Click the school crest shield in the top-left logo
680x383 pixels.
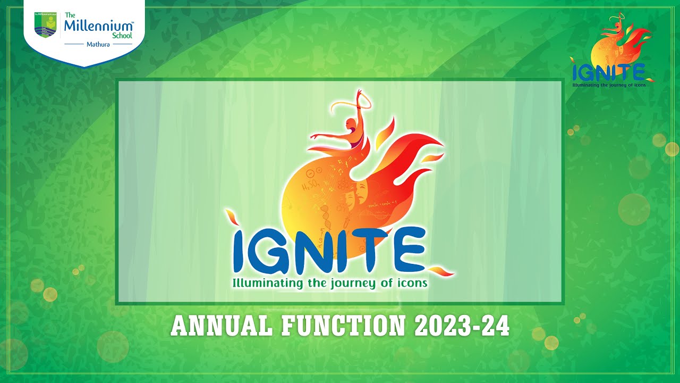click(45, 26)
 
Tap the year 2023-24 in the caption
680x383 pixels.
click(462, 326)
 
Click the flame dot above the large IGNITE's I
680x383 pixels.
click(232, 218)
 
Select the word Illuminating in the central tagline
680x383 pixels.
click(269, 283)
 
